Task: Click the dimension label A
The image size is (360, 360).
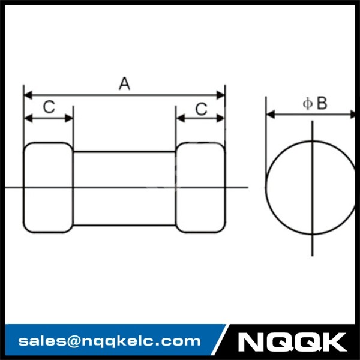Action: [x=124, y=83]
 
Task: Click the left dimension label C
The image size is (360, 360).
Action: [x=49, y=107]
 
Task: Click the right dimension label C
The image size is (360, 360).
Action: [x=202, y=109]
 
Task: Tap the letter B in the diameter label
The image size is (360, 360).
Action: [x=322, y=104]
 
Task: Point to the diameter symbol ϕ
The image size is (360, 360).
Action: [x=307, y=104]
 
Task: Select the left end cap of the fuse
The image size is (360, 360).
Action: [x=48, y=187]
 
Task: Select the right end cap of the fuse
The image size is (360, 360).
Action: [x=200, y=187]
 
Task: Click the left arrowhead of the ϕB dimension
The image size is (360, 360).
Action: [x=270, y=114]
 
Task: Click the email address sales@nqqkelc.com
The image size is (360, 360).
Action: [x=109, y=341]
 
